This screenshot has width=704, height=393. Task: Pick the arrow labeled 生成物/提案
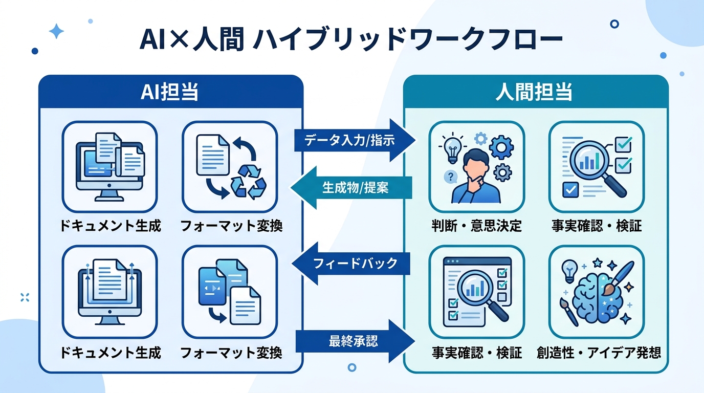click(x=353, y=188)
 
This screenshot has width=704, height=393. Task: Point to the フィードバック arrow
click(x=353, y=264)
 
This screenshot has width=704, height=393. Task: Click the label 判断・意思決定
click(x=477, y=226)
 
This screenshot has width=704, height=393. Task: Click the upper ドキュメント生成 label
click(x=111, y=226)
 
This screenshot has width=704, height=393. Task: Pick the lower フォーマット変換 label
click(x=231, y=353)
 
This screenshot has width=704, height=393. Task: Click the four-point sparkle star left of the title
click(x=56, y=32)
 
